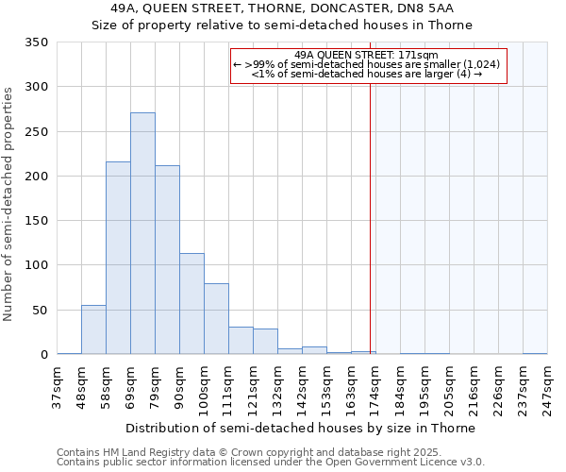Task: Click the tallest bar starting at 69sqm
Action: pyautogui.click(x=142, y=233)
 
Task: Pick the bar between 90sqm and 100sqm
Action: pyautogui.click(x=191, y=304)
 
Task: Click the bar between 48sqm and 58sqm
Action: pyautogui.click(x=93, y=329)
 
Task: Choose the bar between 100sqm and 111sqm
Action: pyautogui.click(x=216, y=319)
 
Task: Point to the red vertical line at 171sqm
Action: pyautogui.click(x=370, y=217)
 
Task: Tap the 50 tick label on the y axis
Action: pyautogui.click(x=40, y=310)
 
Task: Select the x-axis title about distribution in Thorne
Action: pyautogui.click(x=301, y=428)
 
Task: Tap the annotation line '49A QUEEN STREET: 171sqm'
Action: pyautogui.click(x=369, y=55)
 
